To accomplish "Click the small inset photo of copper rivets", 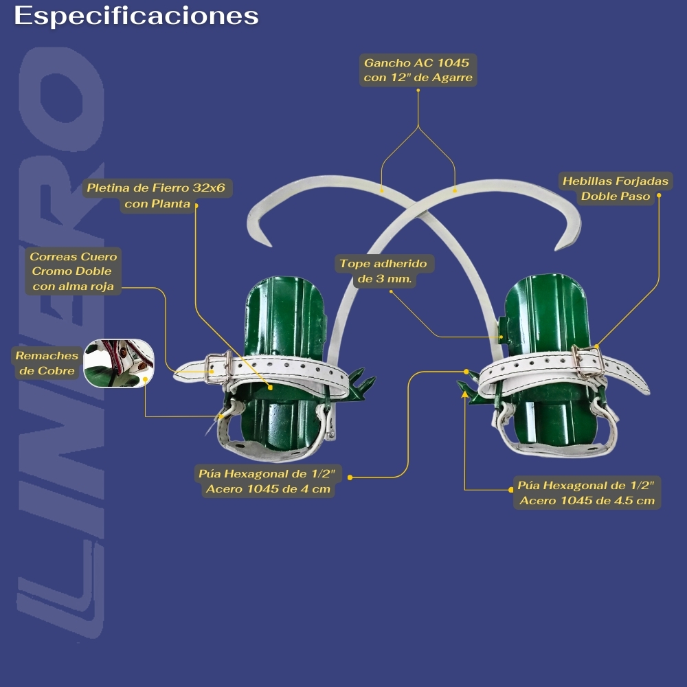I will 113,363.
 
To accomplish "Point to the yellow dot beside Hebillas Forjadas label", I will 658,196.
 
